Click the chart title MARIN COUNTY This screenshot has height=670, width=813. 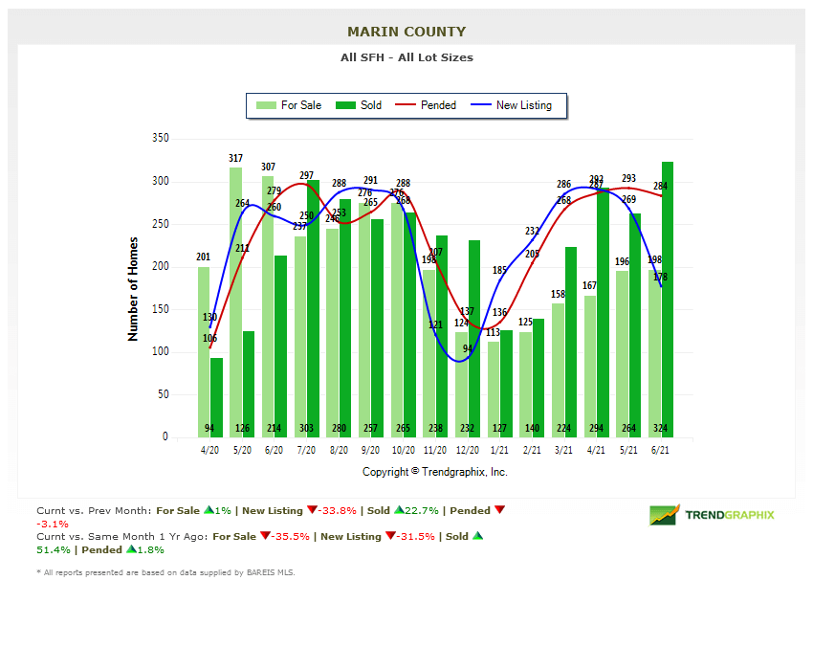click(406, 32)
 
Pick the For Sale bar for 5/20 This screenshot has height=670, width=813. click(235, 301)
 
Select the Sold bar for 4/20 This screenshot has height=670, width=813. click(217, 397)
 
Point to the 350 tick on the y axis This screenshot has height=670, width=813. click(160, 139)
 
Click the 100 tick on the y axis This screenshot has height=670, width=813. click(160, 352)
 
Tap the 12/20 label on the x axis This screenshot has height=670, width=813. click(468, 450)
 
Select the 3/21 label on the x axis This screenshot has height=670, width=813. click(564, 450)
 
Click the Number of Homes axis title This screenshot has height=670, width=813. click(134, 289)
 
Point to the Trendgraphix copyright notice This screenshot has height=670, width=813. click(435, 472)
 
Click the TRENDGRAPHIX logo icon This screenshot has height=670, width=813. click(664, 515)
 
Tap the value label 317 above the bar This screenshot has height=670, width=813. click(235, 158)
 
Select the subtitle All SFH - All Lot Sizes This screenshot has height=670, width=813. click(406, 57)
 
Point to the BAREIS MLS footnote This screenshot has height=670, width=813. click(165, 572)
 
